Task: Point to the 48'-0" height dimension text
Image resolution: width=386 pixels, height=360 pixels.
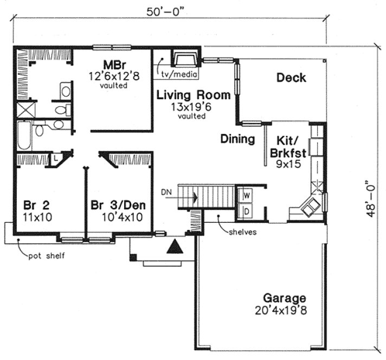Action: click(371, 198)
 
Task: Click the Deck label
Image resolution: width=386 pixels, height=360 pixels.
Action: click(291, 78)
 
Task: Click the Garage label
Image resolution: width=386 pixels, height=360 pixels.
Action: click(285, 298)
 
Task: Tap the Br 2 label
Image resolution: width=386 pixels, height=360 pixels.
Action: click(36, 205)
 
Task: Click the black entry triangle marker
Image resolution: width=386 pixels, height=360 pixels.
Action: click(175, 248)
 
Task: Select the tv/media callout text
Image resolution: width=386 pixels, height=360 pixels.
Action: click(178, 74)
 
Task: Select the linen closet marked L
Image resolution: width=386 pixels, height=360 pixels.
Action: click(56, 158)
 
